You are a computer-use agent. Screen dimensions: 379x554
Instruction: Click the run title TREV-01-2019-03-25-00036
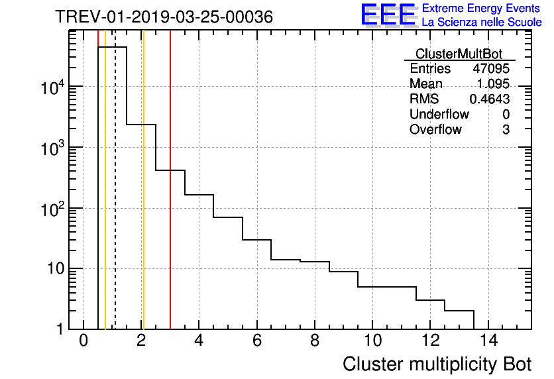[x=164, y=17]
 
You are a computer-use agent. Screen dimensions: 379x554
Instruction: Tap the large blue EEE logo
[x=388, y=15]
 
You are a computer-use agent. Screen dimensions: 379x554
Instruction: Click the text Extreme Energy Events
[x=482, y=9]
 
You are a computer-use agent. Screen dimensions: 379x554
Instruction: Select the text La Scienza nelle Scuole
[x=482, y=23]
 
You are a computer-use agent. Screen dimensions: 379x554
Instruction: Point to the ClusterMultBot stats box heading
[x=459, y=54]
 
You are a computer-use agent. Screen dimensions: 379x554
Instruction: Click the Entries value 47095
[x=490, y=69]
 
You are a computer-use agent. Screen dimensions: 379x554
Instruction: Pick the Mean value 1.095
[x=493, y=84]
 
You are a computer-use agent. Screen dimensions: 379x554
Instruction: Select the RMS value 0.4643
[x=489, y=99]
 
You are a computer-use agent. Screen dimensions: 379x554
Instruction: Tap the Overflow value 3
[x=506, y=130]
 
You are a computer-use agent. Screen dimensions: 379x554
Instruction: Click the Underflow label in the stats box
[x=439, y=115]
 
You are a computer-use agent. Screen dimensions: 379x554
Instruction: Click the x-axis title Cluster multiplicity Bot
[x=437, y=364]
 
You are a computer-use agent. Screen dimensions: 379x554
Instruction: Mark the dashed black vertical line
[x=115, y=199]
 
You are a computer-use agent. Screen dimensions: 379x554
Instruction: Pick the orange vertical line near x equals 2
[x=142, y=199]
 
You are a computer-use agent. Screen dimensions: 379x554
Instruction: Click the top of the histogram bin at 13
[x=459, y=310]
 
